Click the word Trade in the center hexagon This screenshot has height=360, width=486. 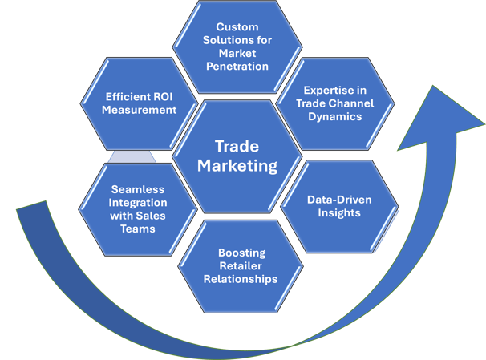237,146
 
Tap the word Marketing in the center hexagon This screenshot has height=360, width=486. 237,166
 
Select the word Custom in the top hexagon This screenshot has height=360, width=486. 237,27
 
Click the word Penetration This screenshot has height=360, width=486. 237,67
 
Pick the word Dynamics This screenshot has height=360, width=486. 335,116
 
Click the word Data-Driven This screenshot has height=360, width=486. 339,200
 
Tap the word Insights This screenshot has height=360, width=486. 339,212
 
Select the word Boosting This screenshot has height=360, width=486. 241,253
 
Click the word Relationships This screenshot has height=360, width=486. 241,279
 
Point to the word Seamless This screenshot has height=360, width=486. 138,189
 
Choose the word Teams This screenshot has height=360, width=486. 138,229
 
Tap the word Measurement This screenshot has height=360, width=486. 140,110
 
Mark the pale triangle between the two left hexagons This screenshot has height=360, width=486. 132,157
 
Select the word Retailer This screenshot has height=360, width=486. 241,266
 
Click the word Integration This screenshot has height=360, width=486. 138,203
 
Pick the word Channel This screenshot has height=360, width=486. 353,103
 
